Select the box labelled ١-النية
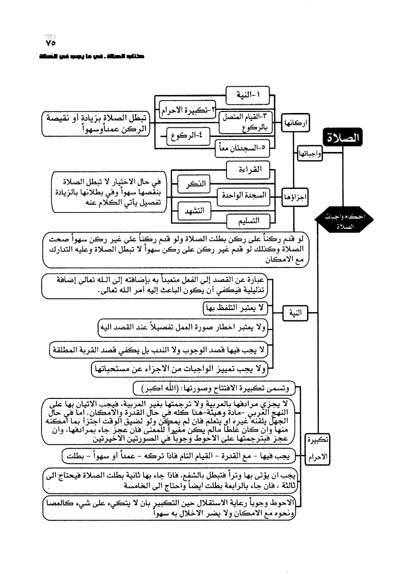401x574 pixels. click(248, 95)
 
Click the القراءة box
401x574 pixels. click(248, 169)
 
